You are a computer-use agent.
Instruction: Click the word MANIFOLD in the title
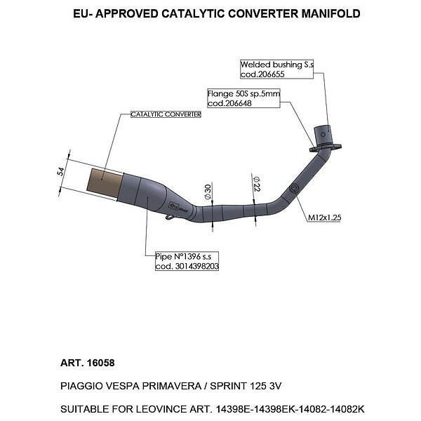tap(330, 14)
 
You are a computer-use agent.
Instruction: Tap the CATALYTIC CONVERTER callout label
tap(166, 114)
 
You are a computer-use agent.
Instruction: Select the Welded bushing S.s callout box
tap(277, 69)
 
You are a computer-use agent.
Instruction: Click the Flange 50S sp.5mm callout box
tap(243, 98)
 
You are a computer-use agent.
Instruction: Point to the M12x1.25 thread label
tap(324, 218)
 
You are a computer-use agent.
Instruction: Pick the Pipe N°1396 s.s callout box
tap(187, 261)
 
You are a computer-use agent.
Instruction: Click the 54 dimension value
tap(61, 171)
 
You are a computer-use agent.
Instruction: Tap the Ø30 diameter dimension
tap(208, 192)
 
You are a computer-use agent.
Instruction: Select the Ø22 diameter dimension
tap(256, 184)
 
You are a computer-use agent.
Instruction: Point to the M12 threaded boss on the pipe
tap(294, 189)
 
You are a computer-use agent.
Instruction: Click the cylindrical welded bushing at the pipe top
tap(323, 135)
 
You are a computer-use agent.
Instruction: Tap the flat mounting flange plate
tap(325, 147)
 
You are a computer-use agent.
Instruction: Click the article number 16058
tap(100, 363)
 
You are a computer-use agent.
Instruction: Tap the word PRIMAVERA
tap(172, 386)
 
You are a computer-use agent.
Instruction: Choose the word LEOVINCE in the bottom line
tap(161, 410)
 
